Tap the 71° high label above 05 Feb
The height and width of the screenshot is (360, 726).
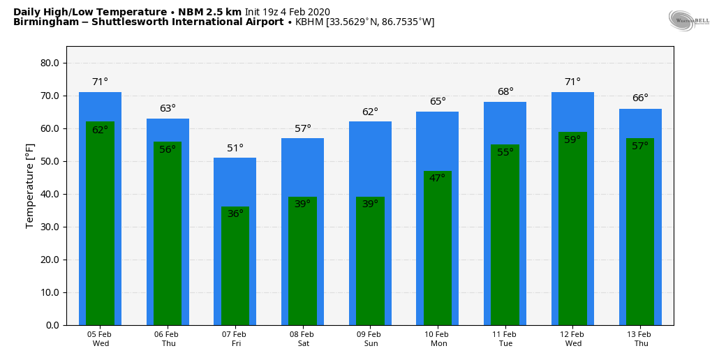point(100,82)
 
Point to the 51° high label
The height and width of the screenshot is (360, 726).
point(235,148)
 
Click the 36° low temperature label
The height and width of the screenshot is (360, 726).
point(235,213)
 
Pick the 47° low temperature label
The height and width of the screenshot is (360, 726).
point(438,178)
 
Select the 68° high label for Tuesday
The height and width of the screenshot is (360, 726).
point(505,92)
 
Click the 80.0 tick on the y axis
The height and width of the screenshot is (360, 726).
point(50,63)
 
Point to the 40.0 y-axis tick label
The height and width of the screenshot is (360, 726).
point(50,194)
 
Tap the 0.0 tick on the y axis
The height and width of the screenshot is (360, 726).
point(52,325)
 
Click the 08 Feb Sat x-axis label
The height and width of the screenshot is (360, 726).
point(303,339)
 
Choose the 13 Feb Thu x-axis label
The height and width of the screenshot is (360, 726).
point(641,339)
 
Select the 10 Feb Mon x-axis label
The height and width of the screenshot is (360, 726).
point(438,339)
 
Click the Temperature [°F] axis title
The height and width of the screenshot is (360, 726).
point(30,186)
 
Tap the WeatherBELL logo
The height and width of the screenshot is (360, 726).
point(688,20)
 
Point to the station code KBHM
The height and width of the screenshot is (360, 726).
point(309,22)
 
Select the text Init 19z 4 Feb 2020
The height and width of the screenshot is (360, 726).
point(287,12)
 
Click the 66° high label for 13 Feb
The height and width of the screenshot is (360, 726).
point(640,98)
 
